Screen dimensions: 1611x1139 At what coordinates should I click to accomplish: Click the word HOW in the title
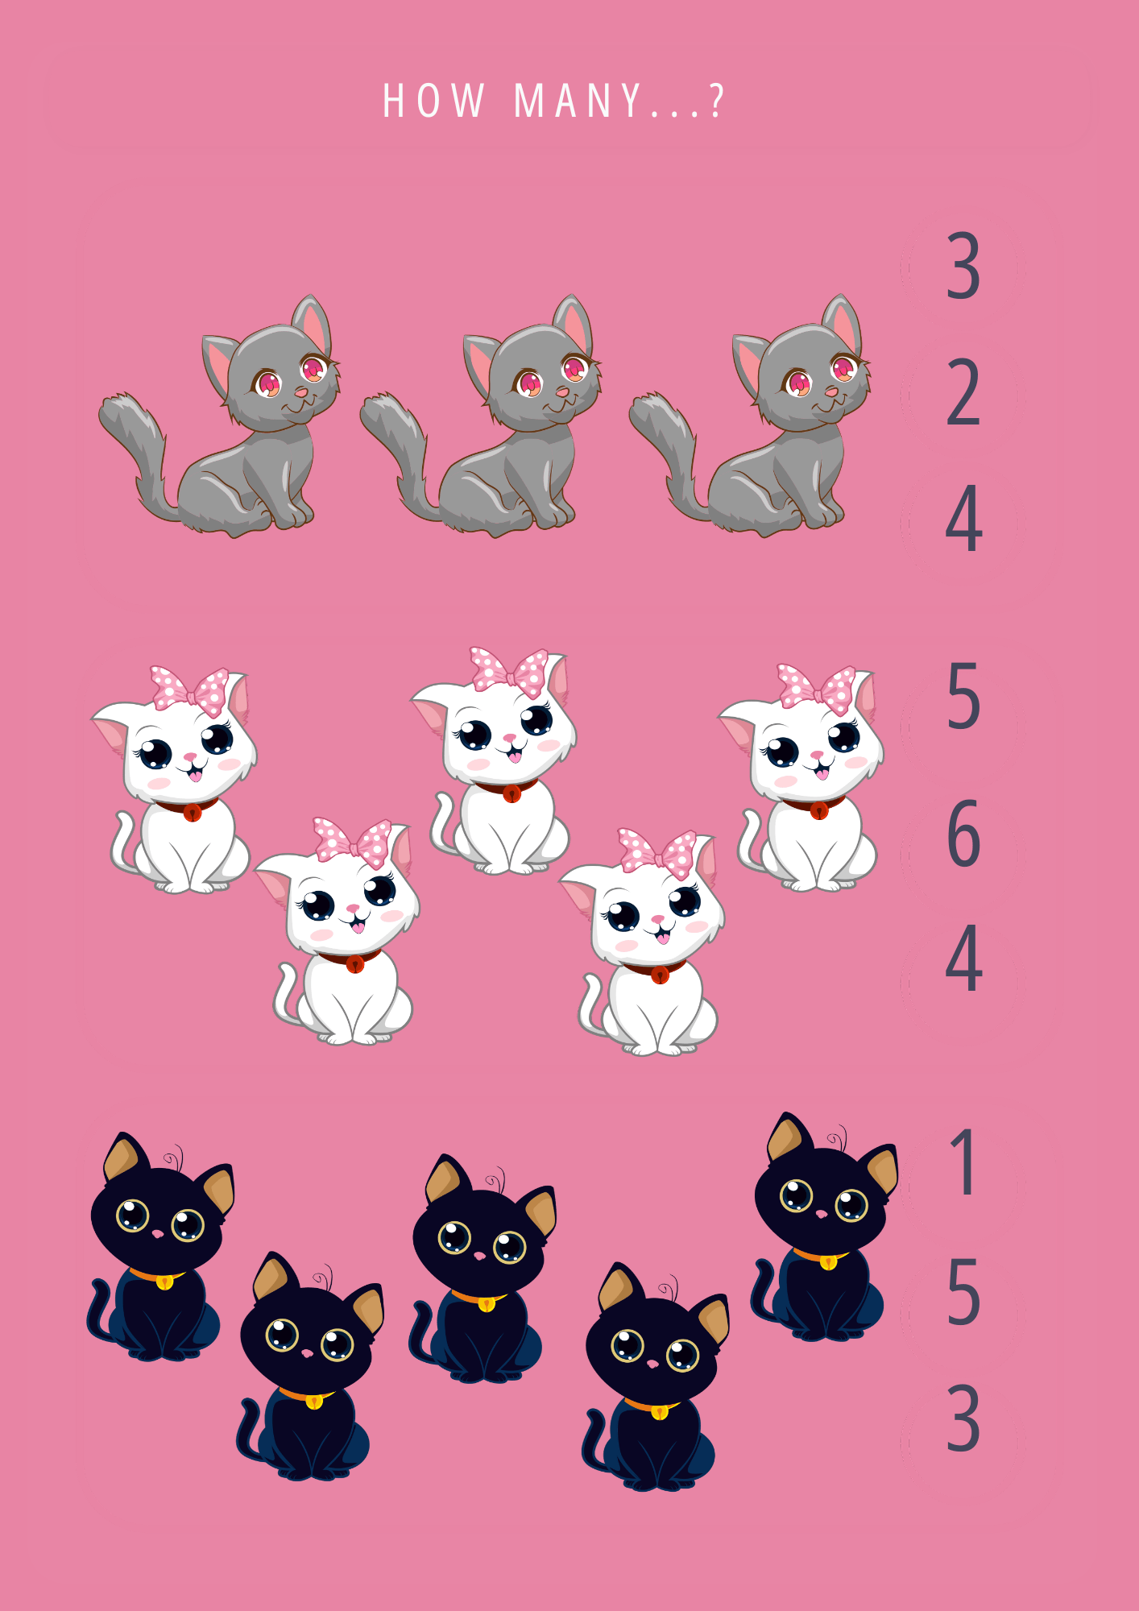pyautogui.click(x=433, y=102)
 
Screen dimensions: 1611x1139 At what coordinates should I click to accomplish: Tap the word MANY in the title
pyautogui.click(x=578, y=102)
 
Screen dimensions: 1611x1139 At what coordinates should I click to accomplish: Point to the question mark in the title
pyautogui.click(x=716, y=101)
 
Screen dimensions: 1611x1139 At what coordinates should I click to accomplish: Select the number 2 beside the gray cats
pyautogui.click(x=963, y=394)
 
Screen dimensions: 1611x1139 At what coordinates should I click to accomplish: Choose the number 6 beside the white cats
pyautogui.click(x=963, y=834)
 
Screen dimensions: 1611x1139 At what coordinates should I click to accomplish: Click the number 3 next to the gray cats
pyautogui.click(x=963, y=266)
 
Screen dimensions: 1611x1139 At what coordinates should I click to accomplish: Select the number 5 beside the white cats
pyautogui.click(x=963, y=697)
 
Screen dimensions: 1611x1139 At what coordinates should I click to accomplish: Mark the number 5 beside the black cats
pyautogui.click(x=963, y=1292)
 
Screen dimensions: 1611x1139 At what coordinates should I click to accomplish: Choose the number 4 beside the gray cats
pyautogui.click(x=963, y=520)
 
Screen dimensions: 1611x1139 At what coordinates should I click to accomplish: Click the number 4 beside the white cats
pyautogui.click(x=963, y=959)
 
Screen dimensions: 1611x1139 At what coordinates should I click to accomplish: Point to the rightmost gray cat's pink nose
pyautogui.click(x=831, y=391)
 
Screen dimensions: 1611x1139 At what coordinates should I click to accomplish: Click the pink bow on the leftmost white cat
pyautogui.click(x=190, y=690)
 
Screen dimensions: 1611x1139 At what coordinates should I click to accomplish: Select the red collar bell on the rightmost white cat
pyautogui.click(x=818, y=810)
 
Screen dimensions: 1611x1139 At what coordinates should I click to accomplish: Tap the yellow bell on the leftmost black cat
pyautogui.click(x=164, y=1282)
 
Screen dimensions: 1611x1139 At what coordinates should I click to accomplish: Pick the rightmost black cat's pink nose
pyautogui.click(x=822, y=1213)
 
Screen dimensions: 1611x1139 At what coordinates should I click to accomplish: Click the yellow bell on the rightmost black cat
pyautogui.click(x=828, y=1262)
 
